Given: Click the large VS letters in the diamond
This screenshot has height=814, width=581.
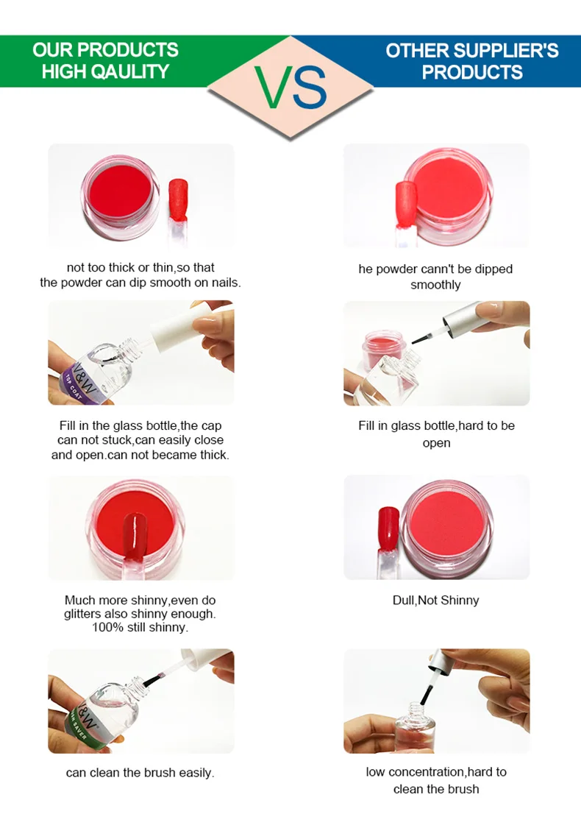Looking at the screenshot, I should pos(291,88).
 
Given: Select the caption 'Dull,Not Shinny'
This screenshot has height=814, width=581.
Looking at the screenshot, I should pos(435,601).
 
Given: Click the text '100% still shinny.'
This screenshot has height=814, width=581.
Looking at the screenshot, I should pos(140,628).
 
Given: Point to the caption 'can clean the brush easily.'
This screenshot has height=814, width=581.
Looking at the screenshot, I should pos(140,773).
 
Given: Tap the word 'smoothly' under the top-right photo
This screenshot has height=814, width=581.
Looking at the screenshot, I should pos(435,285).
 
